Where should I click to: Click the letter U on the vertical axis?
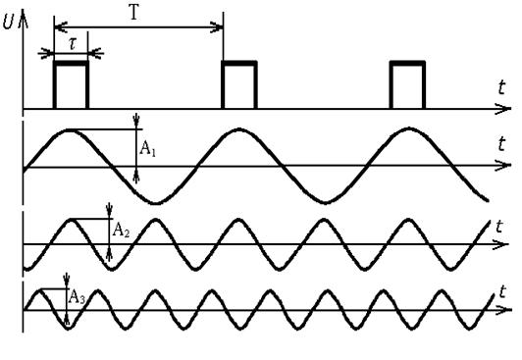(x=9, y=22)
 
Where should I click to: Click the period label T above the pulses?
(x=133, y=13)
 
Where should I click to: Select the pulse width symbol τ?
(x=73, y=43)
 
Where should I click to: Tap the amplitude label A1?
(x=147, y=148)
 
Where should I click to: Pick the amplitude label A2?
(x=121, y=230)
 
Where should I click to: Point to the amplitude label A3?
(x=77, y=297)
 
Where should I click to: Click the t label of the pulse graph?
(x=501, y=88)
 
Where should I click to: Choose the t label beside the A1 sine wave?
(x=501, y=144)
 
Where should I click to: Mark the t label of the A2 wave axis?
(x=498, y=227)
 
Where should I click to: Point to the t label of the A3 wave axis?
(x=502, y=291)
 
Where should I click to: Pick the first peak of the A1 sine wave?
(x=70, y=129)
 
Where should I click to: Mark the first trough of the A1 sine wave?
(x=155, y=203)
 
